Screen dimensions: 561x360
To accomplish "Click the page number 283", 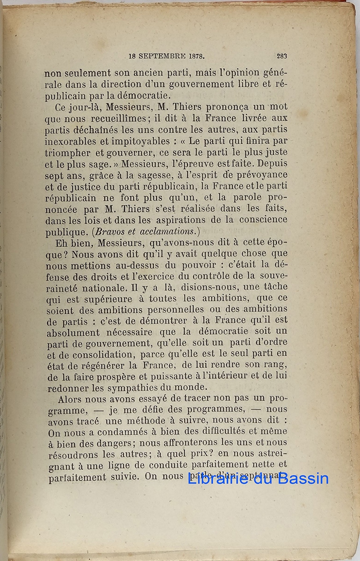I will coord(281,56).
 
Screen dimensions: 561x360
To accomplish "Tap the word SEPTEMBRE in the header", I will coord(161,57).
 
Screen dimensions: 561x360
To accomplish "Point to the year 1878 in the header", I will coord(195,57).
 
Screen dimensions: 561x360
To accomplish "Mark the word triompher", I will coord(67,152).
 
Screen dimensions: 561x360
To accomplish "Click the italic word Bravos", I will coord(111,231).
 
